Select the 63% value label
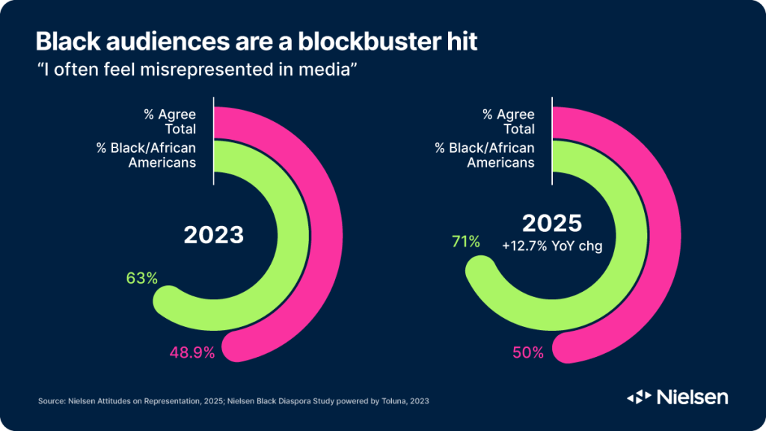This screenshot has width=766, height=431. coord(141,278)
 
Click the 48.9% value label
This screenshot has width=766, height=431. coord(192,352)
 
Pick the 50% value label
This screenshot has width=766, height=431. coord(528,352)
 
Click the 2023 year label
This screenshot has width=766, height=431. coord(214,235)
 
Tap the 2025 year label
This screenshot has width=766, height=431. coord(552,223)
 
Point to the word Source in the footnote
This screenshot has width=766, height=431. coord(51,402)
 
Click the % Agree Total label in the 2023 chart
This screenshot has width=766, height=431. coord(170,121)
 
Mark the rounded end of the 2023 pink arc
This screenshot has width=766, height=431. coord(239,345)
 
